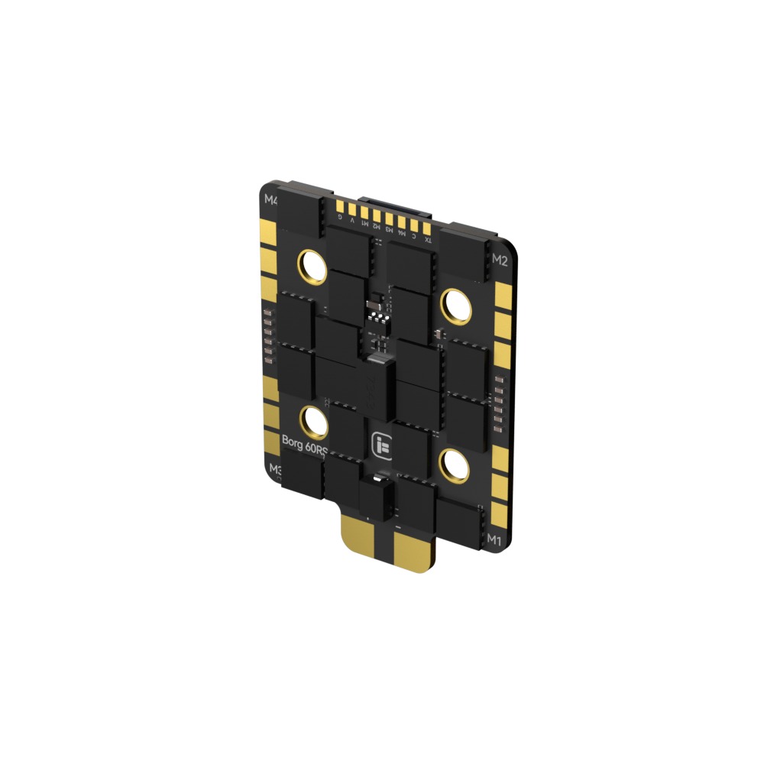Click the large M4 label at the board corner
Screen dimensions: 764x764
(x=270, y=201)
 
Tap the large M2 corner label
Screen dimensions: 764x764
(x=500, y=259)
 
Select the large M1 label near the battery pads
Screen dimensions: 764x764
(x=495, y=539)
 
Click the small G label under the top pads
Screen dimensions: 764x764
(x=340, y=217)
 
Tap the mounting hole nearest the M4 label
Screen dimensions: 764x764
(x=312, y=264)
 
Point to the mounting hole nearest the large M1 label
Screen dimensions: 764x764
(x=454, y=465)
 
